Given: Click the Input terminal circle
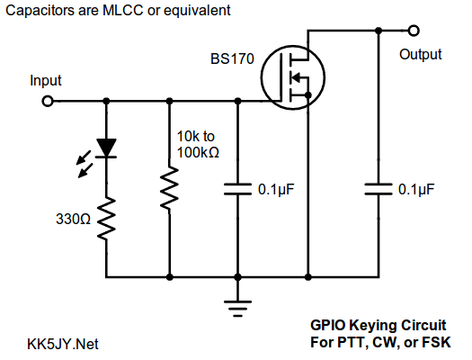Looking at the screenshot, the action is [x=48, y=101].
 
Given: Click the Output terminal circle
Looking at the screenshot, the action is [x=414, y=31].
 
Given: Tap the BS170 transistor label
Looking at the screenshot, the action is [x=232, y=58].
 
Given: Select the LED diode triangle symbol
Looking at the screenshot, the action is [x=106, y=148].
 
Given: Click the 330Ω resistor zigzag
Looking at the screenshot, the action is [x=106, y=219].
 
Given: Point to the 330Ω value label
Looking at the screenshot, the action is [x=73, y=219].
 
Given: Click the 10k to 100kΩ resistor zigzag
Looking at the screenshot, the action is [x=170, y=188].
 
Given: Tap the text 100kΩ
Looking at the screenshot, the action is [x=198, y=152].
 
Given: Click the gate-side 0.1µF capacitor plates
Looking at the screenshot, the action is [x=237, y=189].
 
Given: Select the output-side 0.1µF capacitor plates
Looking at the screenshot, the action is [x=378, y=189].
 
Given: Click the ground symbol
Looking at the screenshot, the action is [x=237, y=309].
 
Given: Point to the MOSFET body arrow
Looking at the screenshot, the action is [x=296, y=77].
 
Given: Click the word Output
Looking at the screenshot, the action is [x=420, y=55].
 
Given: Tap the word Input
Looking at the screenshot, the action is [x=46, y=80].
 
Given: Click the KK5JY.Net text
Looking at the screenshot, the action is [x=63, y=344].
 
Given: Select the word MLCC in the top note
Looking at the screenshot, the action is [x=123, y=11].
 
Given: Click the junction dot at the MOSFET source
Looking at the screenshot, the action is [x=308, y=95].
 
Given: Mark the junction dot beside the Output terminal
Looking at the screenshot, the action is [x=378, y=31].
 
